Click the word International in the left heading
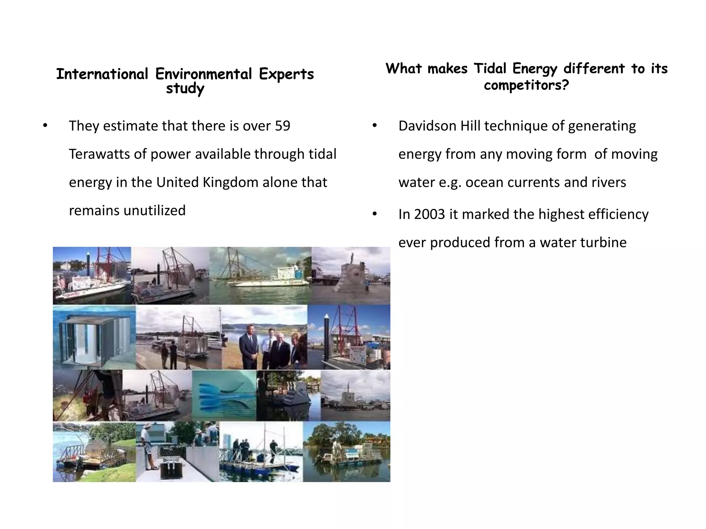102,74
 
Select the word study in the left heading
185,89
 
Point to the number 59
282,126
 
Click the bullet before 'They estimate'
45,126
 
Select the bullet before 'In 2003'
375,215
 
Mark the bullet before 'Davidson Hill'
375,126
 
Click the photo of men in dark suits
264,338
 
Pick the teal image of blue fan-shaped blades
224,395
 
